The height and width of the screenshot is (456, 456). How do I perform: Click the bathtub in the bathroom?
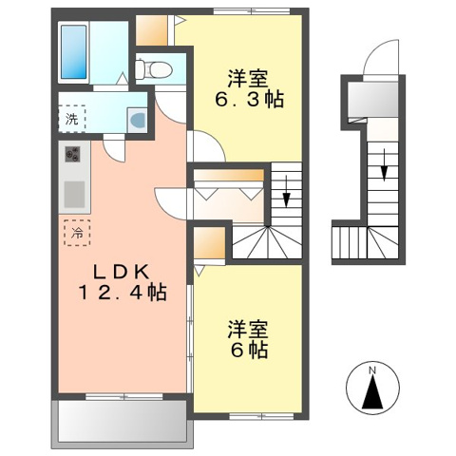click(73, 51)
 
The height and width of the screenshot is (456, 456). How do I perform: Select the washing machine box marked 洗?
click(71, 119)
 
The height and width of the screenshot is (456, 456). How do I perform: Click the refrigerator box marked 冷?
click(72, 231)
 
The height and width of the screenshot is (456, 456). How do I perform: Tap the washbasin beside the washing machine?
click(136, 119)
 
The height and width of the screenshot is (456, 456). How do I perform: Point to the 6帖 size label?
click(247, 351)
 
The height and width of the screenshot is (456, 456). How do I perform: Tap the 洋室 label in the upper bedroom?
click(246, 75)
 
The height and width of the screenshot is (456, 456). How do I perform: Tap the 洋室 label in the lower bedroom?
click(246, 330)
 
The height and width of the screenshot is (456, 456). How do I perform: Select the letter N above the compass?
click(375, 369)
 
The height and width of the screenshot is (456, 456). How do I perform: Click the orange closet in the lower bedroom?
click(212, 243)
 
